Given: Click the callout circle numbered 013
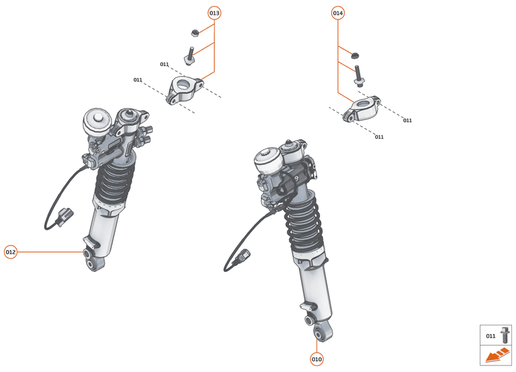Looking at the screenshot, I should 214,13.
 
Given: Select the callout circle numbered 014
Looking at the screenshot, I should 338,13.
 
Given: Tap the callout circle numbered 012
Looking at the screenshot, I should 11,252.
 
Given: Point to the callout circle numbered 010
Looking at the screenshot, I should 316,359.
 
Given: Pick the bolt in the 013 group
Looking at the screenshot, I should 191,55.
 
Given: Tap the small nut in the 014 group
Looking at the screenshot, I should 354,55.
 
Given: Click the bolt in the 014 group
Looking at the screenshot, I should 358,76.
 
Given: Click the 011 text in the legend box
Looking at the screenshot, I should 491,336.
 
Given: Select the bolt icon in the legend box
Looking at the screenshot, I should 505,335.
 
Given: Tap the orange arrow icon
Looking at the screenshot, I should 496,357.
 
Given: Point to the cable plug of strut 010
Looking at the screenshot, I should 246,257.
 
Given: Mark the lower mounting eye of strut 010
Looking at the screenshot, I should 322,331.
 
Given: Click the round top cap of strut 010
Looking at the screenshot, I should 268,159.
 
